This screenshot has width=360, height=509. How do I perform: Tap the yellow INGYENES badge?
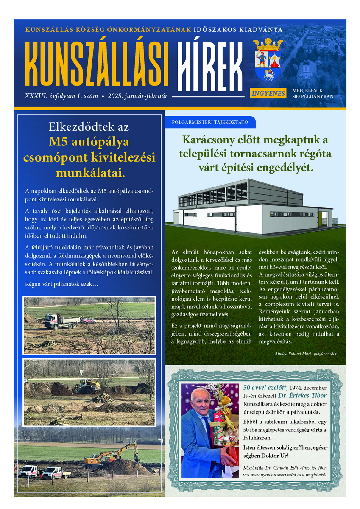tap(268, 93)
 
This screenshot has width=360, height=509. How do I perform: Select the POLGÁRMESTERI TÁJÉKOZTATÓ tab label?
tap(210, 122)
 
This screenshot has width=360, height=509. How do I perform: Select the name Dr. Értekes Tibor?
tap(316, 396)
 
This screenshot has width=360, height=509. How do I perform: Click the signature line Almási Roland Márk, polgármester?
tap(300, 353)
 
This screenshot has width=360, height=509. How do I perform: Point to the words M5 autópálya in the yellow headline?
tap(89, 142)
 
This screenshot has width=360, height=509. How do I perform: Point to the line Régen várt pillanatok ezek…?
tap(61, 283)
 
